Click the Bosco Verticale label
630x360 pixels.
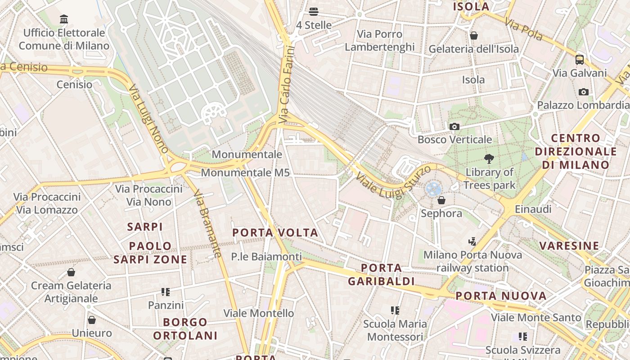click(454, 139)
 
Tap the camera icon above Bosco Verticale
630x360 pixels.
click(454, 126)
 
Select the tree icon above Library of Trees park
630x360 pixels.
click(489, 158)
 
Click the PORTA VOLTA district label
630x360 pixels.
click(275, 233)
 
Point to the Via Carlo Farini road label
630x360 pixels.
click(286, 85)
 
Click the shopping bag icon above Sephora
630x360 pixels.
click(441, 200)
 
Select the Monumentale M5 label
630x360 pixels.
click(245, 172)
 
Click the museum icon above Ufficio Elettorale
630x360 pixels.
click(64, 19)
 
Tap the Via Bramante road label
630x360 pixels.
click(207, 224)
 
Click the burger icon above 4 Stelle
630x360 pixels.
click(314, 12)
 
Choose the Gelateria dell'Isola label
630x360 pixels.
click(473, 49)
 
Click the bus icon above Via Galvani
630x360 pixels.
click(580, 59)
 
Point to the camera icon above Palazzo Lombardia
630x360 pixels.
click(584, 92)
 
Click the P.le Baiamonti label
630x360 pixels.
click(266, 256)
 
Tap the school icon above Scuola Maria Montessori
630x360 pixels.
click(395, 310)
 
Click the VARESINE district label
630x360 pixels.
click(569, 246)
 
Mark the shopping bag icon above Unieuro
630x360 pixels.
click(92, 320)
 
